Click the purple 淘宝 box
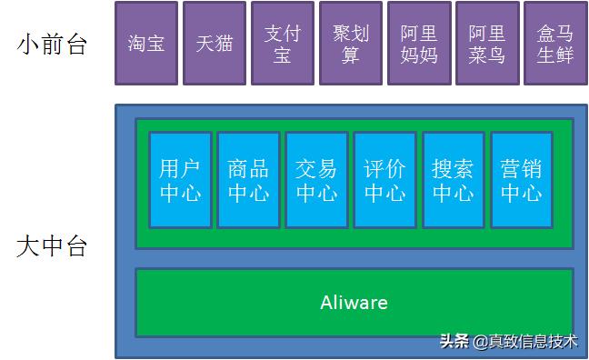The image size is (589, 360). click(146, 44)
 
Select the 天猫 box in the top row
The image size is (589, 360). click(215, 44)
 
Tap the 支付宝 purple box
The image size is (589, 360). click(283, 44)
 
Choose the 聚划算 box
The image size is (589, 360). click(351, 44)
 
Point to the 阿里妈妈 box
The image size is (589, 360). click(419, 44)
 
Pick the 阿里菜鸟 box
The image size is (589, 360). click(487, 44)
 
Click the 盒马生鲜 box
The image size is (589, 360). click(555, 44)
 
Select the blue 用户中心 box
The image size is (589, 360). click(180, 180)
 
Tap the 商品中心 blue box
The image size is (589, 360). click(248, 180)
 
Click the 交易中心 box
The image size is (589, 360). click(316, 180)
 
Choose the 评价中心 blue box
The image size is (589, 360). click(384, 180)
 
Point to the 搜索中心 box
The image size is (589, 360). click(453, 180)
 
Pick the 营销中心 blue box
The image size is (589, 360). click(521, 180)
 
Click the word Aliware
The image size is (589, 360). click(354, 302)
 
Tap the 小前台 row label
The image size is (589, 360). click(52, 45)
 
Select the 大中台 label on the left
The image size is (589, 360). click(52, 245)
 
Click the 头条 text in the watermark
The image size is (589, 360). click(454, 342)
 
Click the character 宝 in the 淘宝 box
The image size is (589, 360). click(156, 44)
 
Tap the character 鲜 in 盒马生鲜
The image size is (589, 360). click(565, 55)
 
